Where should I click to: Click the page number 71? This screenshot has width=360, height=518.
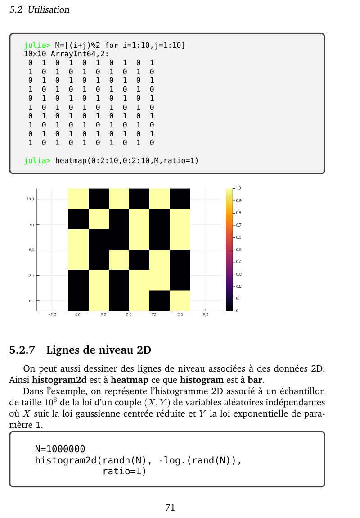click(170, 508)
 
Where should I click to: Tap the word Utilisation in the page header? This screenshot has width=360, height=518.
click(49, 9)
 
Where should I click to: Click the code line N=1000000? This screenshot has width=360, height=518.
click(60, 449)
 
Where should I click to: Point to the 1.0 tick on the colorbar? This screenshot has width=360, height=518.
click(238, 188)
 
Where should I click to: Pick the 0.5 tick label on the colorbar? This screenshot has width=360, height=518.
click(238, 250)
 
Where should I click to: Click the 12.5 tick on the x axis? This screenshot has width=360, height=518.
click(205, 315)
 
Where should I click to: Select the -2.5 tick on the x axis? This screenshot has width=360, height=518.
click(52, 315)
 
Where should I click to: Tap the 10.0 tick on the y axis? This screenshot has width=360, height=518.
click(30, 199)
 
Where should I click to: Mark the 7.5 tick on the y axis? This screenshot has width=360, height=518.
click(31, 224)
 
